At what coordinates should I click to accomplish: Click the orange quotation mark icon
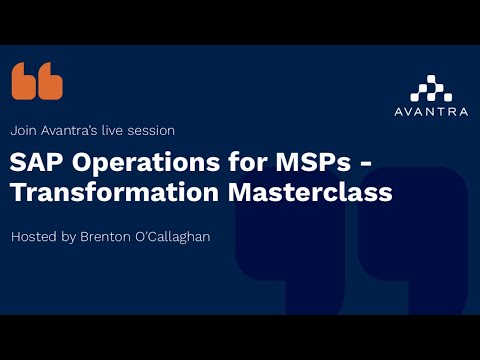point(37,81)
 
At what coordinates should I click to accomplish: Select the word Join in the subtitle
point(23,131)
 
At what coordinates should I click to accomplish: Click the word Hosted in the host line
point(34,238)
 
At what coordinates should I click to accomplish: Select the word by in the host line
point(72,238)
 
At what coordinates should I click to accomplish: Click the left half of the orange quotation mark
point(24,81)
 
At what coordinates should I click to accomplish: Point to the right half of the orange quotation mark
point(50,81)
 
